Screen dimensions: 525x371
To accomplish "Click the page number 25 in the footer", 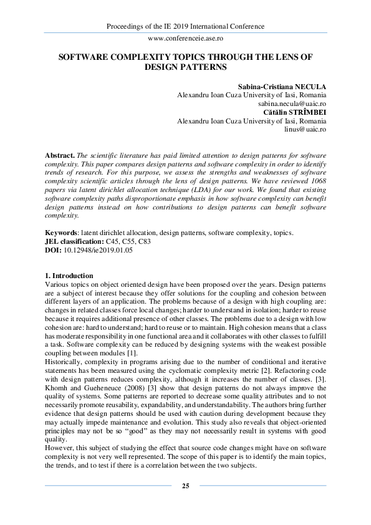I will pyautogui.click(x=185, y=486).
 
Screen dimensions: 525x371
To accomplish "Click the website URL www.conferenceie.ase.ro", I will pyautogui.click(x=185, y=38).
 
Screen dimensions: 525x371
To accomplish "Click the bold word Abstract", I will pyautogui.click(x=60, y=154).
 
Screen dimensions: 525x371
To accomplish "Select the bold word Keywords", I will pyautogui.click(x=62, y=233).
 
